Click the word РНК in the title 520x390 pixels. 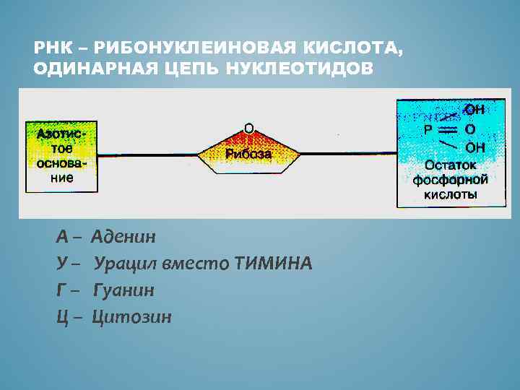pyautogui.click(x=49, y=48)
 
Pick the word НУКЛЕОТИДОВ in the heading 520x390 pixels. pyautogui.click(x=302, y=69)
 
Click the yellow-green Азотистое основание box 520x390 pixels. pyautogui.click(x=61, y=157)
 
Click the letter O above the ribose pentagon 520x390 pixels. pyautogui.click(x=248, y=129)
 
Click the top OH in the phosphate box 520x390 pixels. pyautogui.click(x=474, y=110)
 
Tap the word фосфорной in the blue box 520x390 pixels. pyautogui.click(x=450, y=180)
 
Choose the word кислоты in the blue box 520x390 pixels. pyautogui.click(x=450, y=195)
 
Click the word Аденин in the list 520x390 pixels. pyautogui.click(x=124, y=237)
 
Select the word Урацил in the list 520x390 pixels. pyautogui.click(x=124, y=264)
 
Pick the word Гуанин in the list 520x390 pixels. pyautogui.click(x=123, y=290)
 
